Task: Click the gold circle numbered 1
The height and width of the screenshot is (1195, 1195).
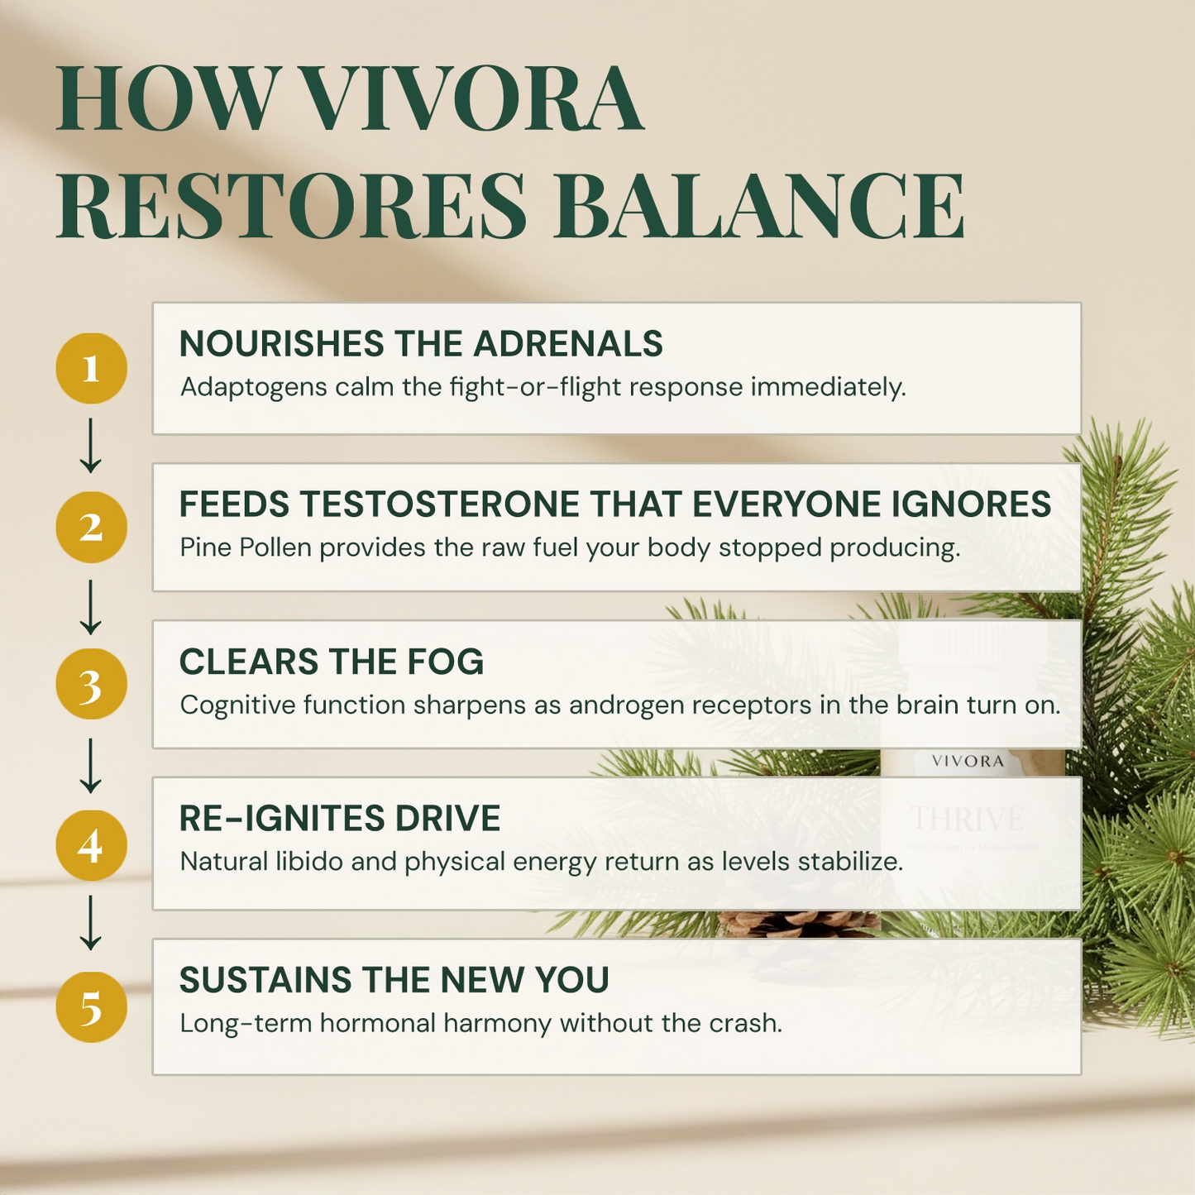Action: click(91, 368)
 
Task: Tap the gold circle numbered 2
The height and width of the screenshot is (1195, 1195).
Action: click(91, 528)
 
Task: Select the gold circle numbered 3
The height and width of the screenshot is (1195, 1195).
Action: click(91, 685)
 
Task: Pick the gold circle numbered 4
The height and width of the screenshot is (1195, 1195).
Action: click(91, 845)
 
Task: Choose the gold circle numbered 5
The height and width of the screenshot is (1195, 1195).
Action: click(91, 1007)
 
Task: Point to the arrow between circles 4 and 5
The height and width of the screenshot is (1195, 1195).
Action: click(90, 922)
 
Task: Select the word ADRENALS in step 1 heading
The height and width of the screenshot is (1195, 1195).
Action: click(568, 344)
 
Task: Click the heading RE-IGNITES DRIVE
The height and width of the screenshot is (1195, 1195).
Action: click(340, 819)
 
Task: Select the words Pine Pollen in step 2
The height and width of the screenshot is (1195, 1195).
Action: click(246, 547)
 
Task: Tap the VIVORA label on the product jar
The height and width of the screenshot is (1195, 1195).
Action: click(968, 761)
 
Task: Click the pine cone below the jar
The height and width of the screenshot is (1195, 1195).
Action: click(798, 924)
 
